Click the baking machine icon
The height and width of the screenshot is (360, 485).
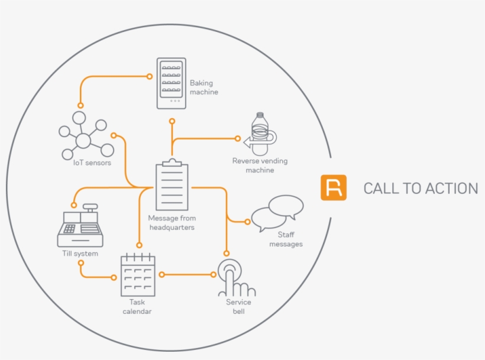pyautogui.click(x=171, y=83)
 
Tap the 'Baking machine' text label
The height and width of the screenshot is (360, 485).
pyautogui.click(x=203, y=87)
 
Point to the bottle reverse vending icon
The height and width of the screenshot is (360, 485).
pyautogui.click(x=260, y=134)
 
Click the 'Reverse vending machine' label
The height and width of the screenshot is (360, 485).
pyautogui.click(x=260, y=166)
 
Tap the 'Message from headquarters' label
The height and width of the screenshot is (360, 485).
pyautogui.click(x=172, y=223)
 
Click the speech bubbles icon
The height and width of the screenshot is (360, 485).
pyautogui.click(x=277, y=213)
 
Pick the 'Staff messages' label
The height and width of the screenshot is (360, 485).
pyautogui.click(x=286, y=239)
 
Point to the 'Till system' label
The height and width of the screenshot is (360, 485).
pyautogui.click(x=80, y=254)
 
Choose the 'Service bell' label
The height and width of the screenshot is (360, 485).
pyautogui.click(x=238, y=307)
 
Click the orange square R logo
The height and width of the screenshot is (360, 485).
pyautogui.click(x=334, y=188)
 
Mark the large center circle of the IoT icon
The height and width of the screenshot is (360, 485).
pyautogui.click(x=83, y=140)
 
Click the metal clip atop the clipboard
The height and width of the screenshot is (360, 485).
pyautogui.click(x=172, y=162)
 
